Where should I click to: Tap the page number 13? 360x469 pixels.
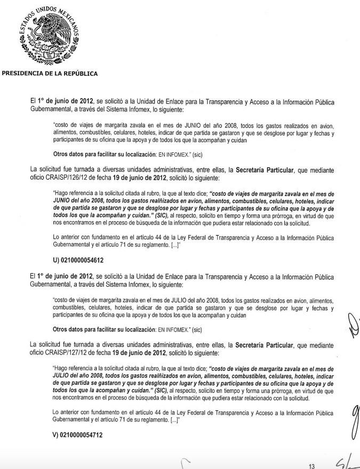pyautogui.click(x=313, y=465)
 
